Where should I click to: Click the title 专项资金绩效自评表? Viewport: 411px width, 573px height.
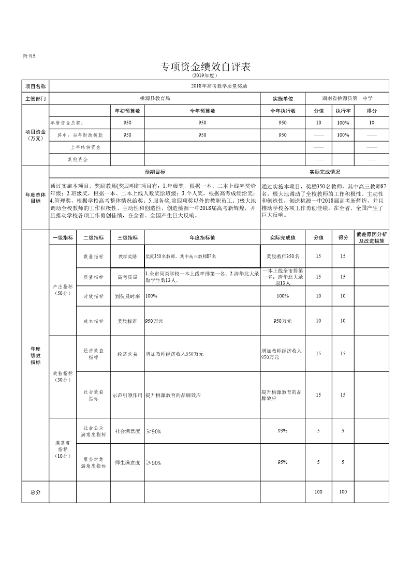click(x=205, y=67)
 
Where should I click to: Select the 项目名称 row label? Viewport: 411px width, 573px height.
click(x=35, y=86)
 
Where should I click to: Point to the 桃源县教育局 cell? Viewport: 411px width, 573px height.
click(x=155, y=98)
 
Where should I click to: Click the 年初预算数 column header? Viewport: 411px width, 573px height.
click(x=127, y=111)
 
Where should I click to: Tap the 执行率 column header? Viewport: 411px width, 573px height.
click(x=343, y=111)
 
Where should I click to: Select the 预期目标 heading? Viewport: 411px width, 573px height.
click(x=155, y=172)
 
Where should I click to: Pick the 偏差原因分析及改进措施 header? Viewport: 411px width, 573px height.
click(x=371, y=237)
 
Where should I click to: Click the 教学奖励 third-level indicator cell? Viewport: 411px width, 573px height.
click(x=127, y=256)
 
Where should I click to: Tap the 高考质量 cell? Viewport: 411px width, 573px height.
click(x=127, y=277)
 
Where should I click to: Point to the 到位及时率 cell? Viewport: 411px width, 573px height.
click(x=127, y=296)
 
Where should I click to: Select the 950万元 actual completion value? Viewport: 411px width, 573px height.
click(x=283, y=321)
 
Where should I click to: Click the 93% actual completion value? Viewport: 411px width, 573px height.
click(x=283, y=430)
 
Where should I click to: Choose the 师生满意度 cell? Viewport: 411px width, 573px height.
click(x=127, y=462)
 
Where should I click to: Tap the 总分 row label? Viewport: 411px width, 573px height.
click(x=35, y=492)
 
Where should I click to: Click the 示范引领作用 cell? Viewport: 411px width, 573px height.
click(x=127, y=395)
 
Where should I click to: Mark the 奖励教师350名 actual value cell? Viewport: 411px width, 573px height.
click(x=283, y=256)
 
